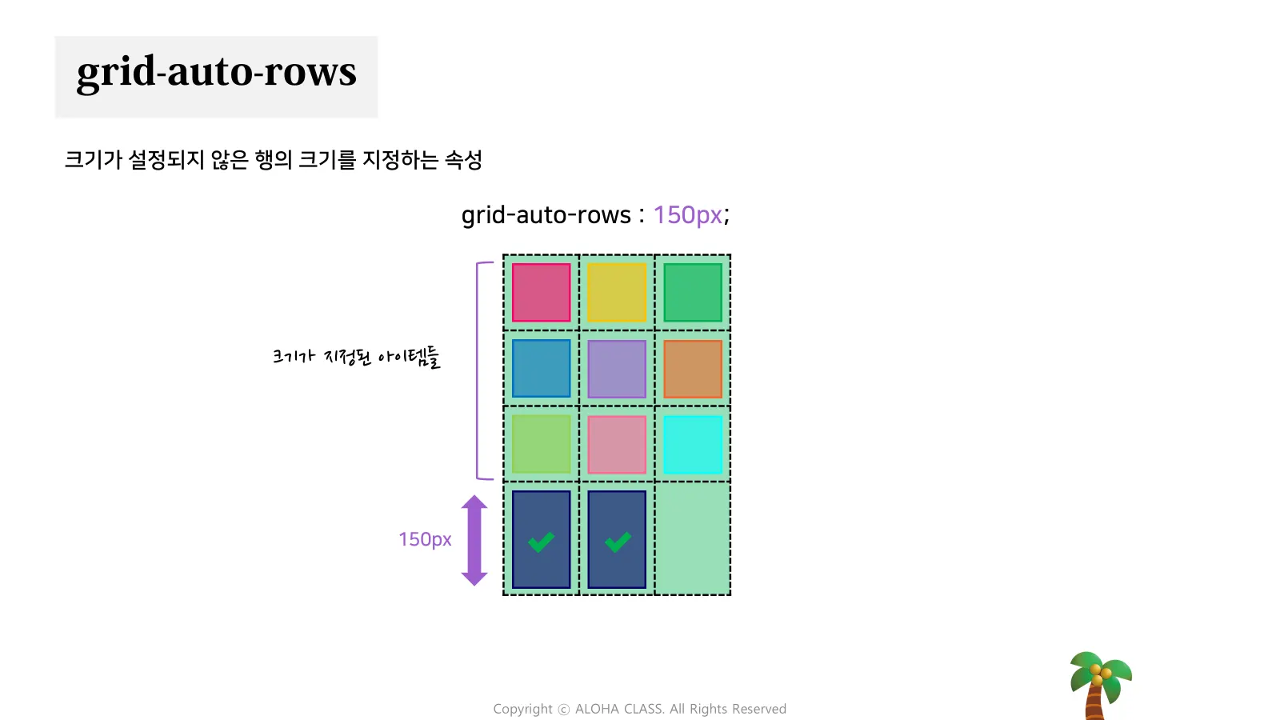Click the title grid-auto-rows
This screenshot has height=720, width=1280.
tap(216, 72)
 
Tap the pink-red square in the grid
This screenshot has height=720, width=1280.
tap(542, 293)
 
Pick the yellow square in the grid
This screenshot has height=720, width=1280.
tap(617, 293)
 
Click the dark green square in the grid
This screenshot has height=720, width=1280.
tap(693, 293)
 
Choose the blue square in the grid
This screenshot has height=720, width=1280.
tap(542, 369)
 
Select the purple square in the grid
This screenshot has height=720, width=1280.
tap(617, 369)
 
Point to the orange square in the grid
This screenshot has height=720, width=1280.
tap(693, 369)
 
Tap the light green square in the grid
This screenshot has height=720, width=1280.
tap(542, 444)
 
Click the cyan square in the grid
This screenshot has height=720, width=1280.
tap(693, 444)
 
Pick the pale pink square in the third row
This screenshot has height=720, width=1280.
tap(617, 444)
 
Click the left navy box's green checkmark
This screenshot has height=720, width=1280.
tap(542, 542)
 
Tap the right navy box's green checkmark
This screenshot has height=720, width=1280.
tap(617, 542)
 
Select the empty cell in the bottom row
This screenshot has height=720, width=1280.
tap(693, 538)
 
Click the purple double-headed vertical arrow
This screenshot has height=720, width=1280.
tap(474, 540)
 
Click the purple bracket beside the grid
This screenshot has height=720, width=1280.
tap(478, 370)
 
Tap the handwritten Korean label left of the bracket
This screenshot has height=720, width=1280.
tap(356, 357)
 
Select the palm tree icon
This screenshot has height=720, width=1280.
tap(1099, 684)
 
